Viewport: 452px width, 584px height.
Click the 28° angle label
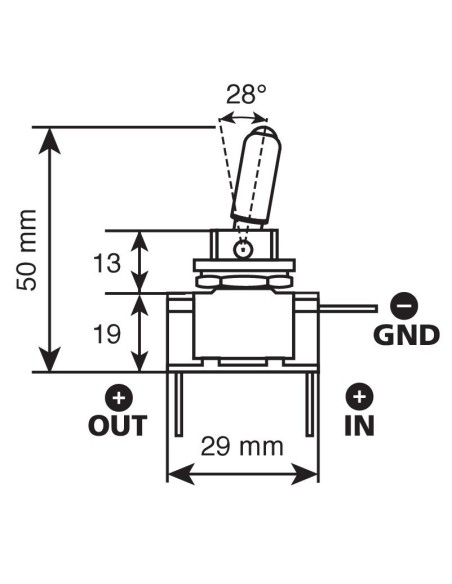[246, 94]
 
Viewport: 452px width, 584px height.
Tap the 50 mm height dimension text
[27, 250]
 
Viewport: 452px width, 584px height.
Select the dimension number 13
[107, 263]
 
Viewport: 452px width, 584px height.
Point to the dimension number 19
[107, 334]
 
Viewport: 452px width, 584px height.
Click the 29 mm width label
[242, 446]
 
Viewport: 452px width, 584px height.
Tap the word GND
[407, 335]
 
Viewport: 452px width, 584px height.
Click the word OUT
[118, 426]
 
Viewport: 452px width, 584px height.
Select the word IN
[359, 426]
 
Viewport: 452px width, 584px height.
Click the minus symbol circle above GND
[404, 306]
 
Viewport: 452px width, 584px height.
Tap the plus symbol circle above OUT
[119, 397]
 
